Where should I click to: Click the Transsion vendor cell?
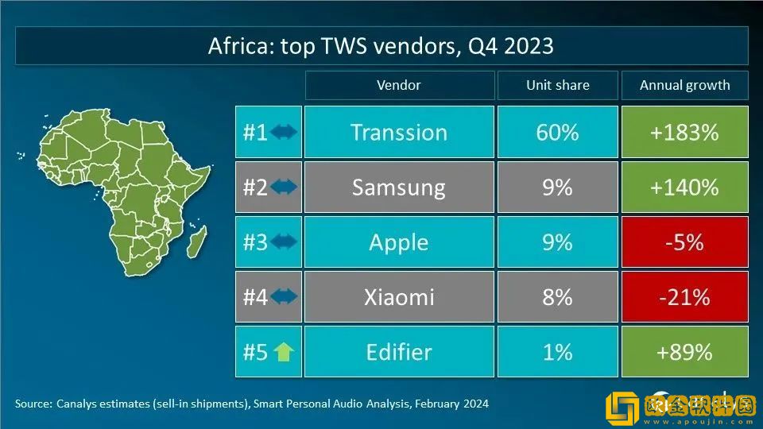(399, 132)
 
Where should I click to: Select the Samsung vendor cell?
(399, 187)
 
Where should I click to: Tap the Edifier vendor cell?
(399, 351)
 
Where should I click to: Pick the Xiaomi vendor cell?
(399, 297)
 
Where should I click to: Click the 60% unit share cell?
(557, 132)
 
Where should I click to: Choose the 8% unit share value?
(557, 297)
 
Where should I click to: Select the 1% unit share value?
(557, 351)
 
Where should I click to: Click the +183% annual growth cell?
(684, 132)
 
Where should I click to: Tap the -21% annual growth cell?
(684, 297)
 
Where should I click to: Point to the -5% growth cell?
(684, 242)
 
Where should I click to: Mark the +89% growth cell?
(684, 351)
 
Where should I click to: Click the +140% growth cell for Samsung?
(684, 187)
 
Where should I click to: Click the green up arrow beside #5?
(284, 352)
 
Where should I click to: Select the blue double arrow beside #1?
(284, 132)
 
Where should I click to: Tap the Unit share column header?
(557, 85)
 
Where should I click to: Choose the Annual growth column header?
(684, 85)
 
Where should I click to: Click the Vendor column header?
(399, 85)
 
